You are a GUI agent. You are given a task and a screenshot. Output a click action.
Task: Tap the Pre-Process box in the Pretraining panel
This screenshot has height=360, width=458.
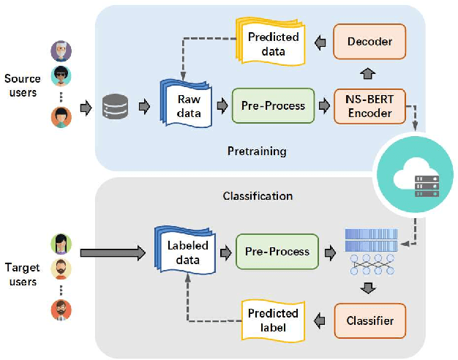(273, 106)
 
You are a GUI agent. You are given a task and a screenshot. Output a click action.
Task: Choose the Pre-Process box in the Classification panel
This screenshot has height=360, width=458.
(277, 252)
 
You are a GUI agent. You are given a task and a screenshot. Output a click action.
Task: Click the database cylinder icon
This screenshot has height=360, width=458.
(114, 107)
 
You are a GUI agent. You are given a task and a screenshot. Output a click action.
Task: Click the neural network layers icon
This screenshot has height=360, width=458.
(370, 252)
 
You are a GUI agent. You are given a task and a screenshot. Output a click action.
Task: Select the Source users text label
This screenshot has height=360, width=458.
(21, 86)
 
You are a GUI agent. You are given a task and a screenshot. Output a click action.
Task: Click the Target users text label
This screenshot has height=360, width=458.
(21, 275)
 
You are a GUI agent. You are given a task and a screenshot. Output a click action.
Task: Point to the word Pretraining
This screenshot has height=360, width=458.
(256, 151)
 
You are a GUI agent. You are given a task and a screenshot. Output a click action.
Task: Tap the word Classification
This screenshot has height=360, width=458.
(258, 196)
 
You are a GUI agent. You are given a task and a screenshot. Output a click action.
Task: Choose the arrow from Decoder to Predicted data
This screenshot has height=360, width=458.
(320, 42)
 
